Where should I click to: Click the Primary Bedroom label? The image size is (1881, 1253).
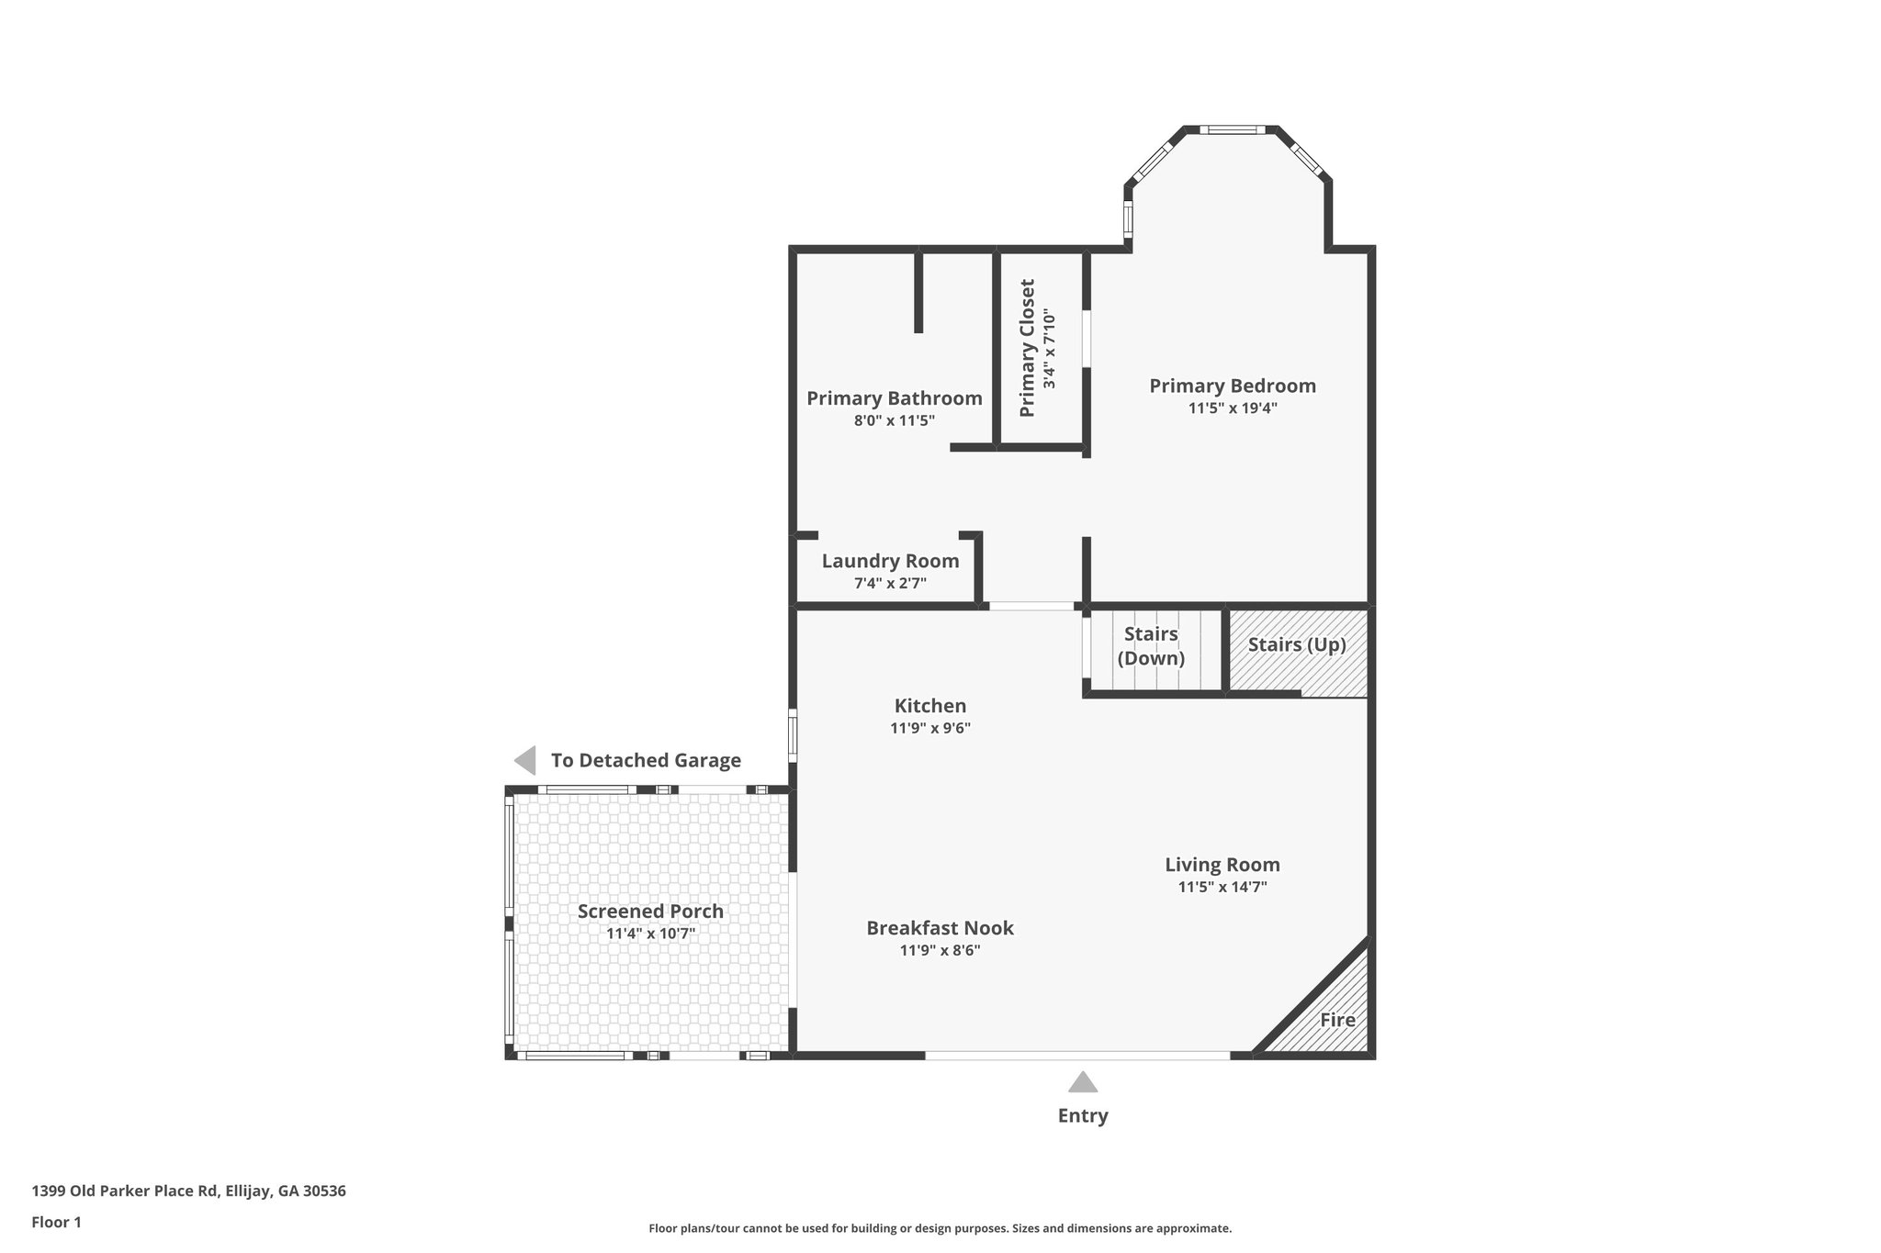click(x=1232, y=386)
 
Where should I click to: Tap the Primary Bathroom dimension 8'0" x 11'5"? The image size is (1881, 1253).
click(x=894, y=421)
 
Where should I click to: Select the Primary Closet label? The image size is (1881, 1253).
click(x=1028, y=348)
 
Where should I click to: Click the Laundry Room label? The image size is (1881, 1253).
click(x=890, y=561)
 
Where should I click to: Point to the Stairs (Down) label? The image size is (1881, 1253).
click(x=1151, y=646)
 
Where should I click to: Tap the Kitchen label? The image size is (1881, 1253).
click(x=930, y=706)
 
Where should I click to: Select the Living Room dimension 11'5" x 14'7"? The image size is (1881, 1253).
click(x=1222, y=887)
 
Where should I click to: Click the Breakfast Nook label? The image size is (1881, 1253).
click(x=940, y=928)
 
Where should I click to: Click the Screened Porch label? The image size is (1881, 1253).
click(x=650, y=912)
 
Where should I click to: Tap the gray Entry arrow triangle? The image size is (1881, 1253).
click(x=1083, y=1083)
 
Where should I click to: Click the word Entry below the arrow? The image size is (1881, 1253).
click(x=1083, y=1115)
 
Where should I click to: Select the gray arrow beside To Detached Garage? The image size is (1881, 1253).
click(x=525, y=760)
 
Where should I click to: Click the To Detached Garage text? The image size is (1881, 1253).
click(x=646, y=760)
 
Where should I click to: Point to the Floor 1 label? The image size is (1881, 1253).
click(x=57, y=1222)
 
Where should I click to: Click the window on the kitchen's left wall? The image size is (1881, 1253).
click(x=793, y=734)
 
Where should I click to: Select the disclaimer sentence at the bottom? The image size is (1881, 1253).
click(x=940, y=1228)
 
